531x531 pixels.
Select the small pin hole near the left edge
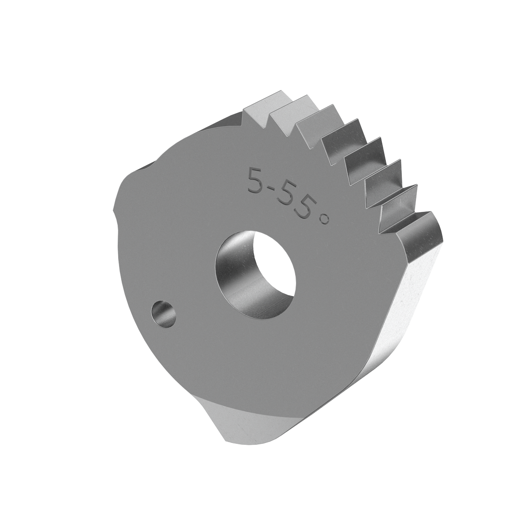[163, 313]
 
